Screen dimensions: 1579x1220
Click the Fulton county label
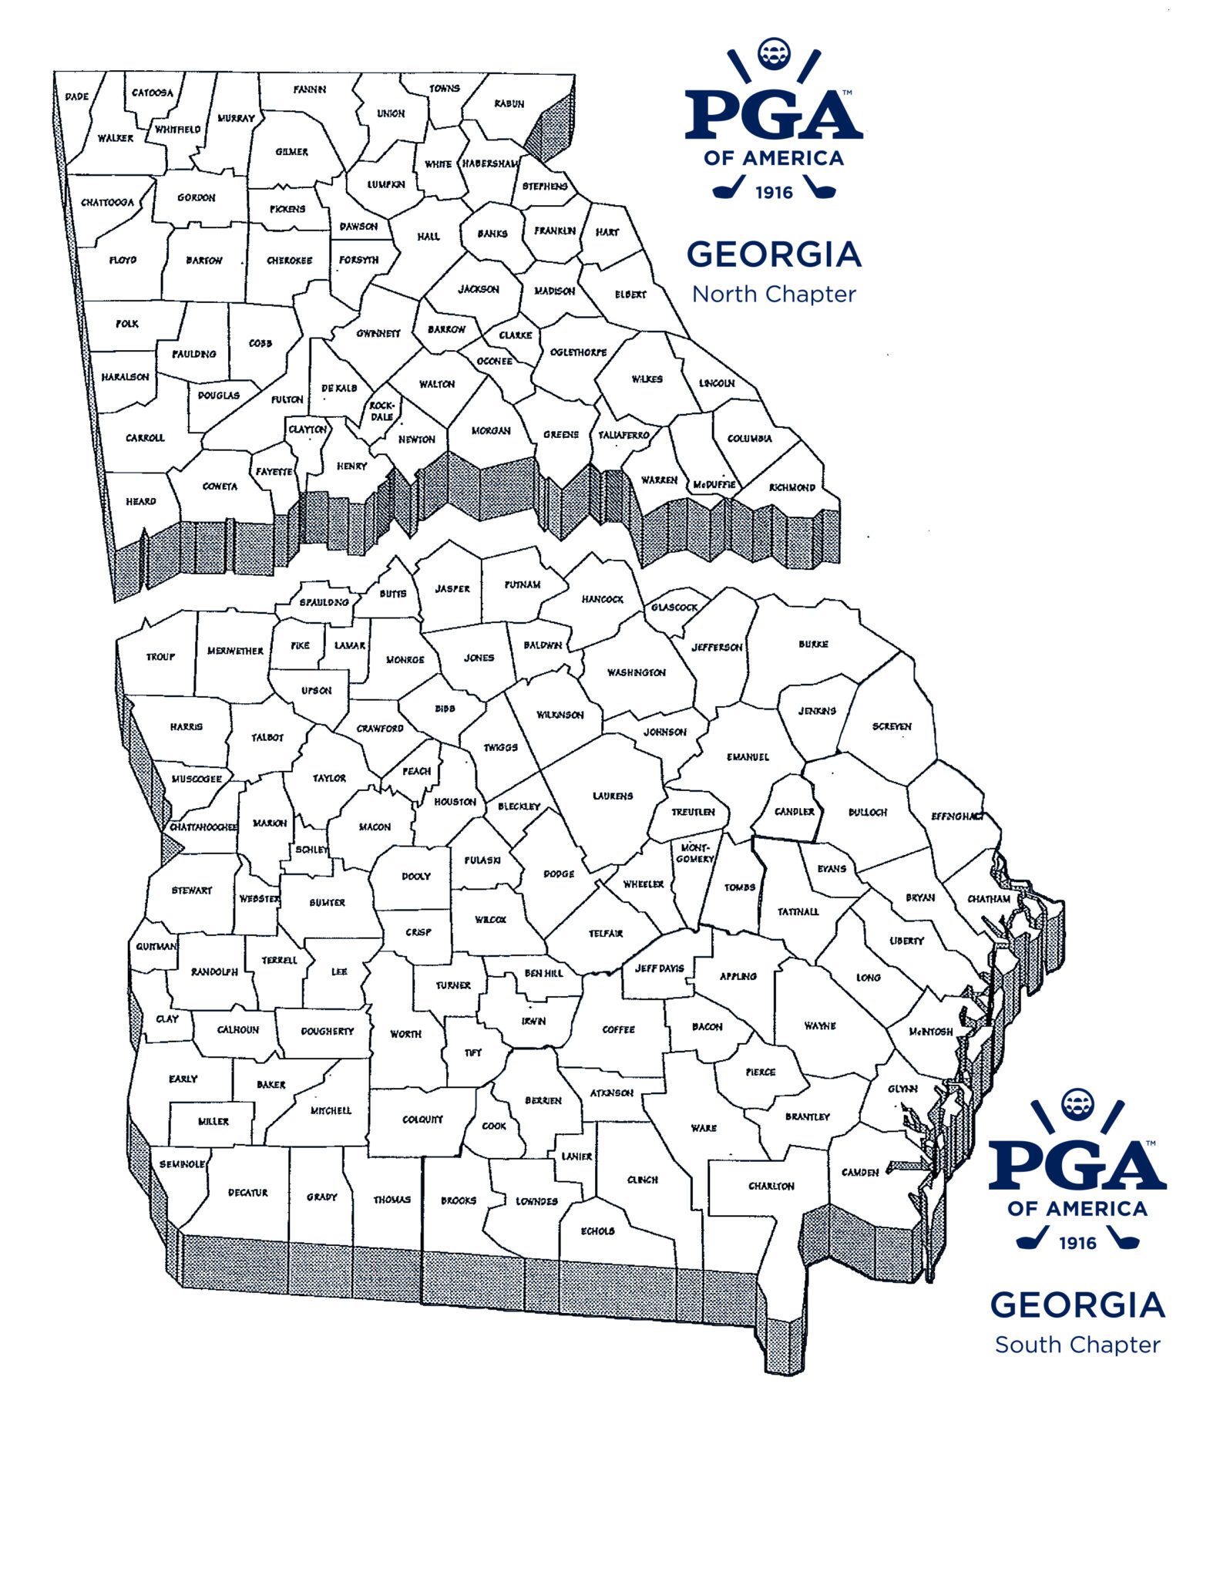287,399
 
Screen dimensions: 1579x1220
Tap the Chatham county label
989,898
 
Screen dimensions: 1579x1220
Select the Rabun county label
509,103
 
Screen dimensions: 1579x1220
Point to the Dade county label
77,96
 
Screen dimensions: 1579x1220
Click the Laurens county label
613,796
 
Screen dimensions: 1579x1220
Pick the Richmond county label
791,487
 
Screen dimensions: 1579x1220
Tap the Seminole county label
182,1163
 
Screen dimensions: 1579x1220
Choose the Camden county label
860,1172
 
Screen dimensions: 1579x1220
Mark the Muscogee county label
197,779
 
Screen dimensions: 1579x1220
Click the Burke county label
813,644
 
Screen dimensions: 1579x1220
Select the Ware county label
704,1128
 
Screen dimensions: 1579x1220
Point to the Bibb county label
445,709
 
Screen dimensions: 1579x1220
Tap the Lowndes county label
536,1201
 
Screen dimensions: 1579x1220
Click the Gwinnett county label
378,334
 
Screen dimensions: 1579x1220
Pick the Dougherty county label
328,1031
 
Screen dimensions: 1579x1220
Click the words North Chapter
774,295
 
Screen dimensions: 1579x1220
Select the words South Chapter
1077,1345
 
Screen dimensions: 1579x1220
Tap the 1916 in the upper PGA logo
774,192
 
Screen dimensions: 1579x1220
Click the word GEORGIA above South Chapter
1077,1305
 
